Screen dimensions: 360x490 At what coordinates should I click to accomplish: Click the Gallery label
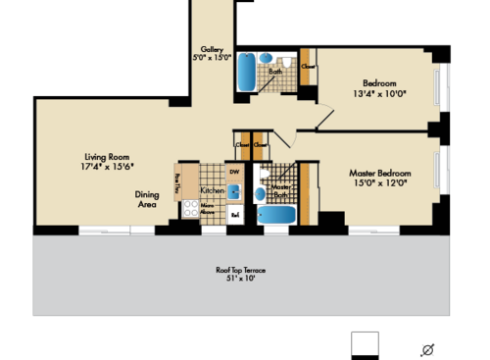click(x=214, y=49)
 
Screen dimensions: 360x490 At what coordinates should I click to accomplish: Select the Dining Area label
click(x=148, y=199)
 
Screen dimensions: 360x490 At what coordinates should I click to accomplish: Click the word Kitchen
click(x=212, y=189)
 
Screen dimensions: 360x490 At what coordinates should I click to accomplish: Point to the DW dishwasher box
click(x=234, y=172)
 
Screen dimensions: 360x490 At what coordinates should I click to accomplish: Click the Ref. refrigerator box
click(x=235, y=212)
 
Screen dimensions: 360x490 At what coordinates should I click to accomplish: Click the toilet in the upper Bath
click(x=286, y=61)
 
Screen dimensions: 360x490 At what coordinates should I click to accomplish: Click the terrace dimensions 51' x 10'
click(x=241, y=280)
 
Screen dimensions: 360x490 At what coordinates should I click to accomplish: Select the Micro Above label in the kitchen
click(x=209, y=209)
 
